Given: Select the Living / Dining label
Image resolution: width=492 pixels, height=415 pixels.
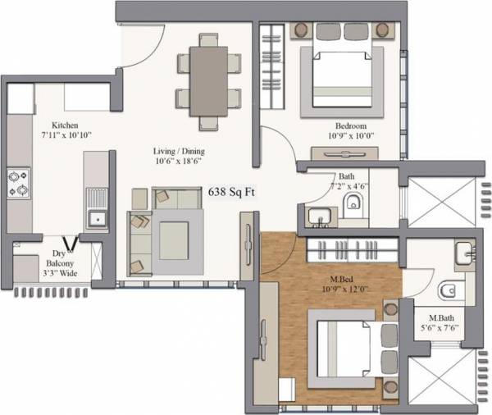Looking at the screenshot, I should tap(178, 152).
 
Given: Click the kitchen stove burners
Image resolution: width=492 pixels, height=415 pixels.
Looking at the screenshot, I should tap(18, 182).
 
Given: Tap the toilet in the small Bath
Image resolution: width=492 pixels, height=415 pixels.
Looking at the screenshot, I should tap(353, 204).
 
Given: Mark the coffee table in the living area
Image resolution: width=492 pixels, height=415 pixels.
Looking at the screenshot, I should tap(173, 239).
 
